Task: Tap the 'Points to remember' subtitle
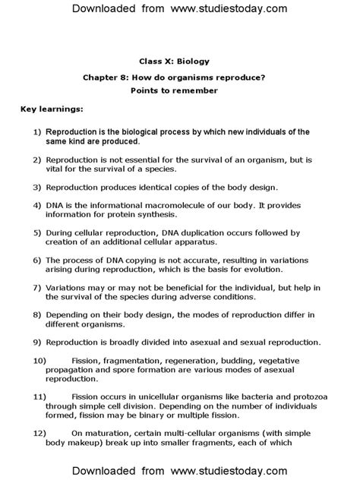click(179, 90)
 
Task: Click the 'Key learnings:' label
click(51, 109)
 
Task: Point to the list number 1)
click(37, 132)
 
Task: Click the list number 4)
click(37, 206)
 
